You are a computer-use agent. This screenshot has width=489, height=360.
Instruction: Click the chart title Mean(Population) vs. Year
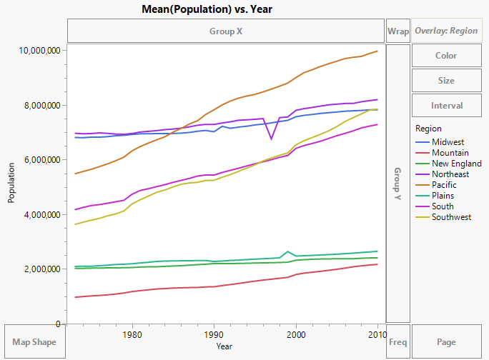[226, 9]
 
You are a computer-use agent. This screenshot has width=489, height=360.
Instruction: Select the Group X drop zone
[226, 31]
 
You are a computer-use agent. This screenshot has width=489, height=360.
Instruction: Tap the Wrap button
[398, 31]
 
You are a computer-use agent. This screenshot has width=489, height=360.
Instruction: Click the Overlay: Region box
[446, 31]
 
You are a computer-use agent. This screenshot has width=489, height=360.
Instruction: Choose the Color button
[446, 56]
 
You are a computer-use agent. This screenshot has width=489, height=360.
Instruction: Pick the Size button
[446, 81]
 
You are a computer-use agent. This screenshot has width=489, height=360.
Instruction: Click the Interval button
[446, 106]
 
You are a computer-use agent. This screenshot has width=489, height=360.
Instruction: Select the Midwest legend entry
[448, 142]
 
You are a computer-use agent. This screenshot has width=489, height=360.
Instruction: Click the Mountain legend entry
[450, 153]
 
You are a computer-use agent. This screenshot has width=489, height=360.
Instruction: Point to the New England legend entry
[456, 164]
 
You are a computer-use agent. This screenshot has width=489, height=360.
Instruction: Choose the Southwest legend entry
[451, 217]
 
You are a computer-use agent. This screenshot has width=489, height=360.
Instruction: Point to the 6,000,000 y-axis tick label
[38, 160]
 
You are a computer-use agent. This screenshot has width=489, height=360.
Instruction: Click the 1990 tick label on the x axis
[214, 334]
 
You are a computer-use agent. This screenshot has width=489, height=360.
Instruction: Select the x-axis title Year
[224, 346]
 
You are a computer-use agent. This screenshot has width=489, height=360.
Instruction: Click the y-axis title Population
[11, 186]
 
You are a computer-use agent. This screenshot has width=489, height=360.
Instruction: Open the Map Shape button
[34, 342]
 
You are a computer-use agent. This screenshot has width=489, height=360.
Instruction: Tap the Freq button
[398, 342]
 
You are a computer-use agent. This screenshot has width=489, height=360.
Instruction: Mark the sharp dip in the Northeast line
[270, 139]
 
